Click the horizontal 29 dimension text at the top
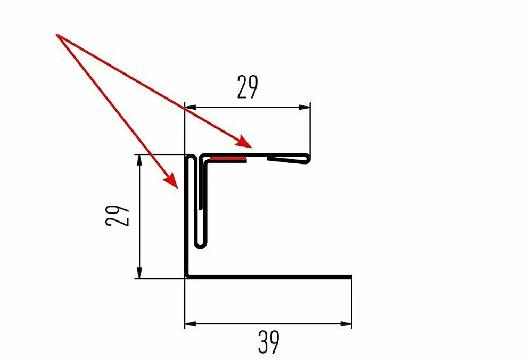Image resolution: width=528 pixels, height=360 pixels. pos(247,87)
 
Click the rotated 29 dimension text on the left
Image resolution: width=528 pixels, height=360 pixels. pos(118,215)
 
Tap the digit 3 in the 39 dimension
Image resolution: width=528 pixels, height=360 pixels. pos(263,342)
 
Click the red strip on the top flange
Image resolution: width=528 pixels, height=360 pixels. pos(228,158)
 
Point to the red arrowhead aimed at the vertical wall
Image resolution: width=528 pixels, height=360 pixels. pos(171,181)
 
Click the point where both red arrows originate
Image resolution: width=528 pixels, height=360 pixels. pos(56,35)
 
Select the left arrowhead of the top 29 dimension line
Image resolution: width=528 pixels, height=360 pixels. pos(190,108)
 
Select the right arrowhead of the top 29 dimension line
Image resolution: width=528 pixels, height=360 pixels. pos(304,108)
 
